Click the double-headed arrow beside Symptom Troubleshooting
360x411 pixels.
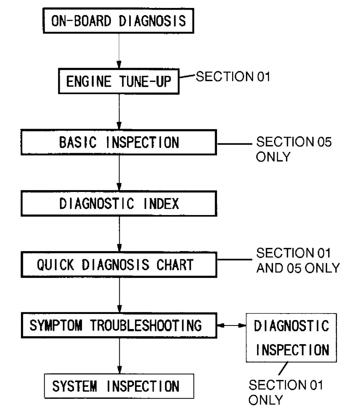tap(231, 326)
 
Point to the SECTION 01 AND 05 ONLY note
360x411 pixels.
tap(297, 260)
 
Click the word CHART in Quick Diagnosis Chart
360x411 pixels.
tap(175, 265)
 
